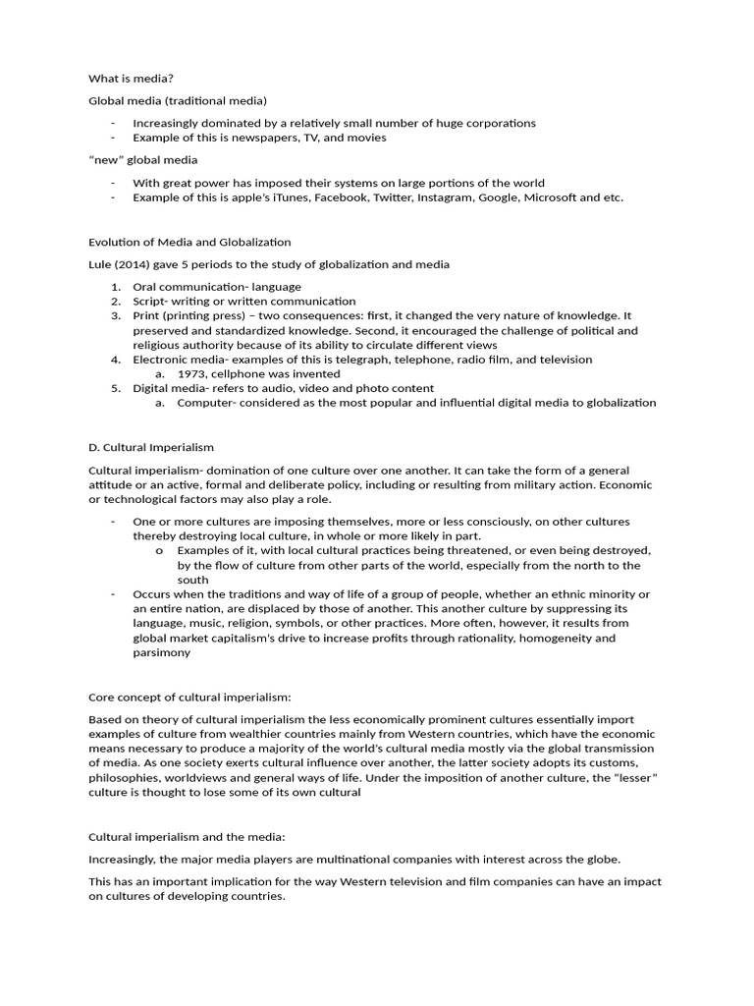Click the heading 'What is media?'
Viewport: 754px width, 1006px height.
pos(131,78)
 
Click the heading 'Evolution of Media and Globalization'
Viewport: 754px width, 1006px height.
pos(189,242)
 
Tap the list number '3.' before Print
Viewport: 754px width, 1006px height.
pos(115,315)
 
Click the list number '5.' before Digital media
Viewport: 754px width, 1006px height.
pos(115,388)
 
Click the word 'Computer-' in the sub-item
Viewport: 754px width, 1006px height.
pos(205,403)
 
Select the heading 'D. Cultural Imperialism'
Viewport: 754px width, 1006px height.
pos(151,447)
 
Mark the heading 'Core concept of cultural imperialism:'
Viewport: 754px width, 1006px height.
pos(190,697)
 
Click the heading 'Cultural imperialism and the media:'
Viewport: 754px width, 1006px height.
pos(187,837)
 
